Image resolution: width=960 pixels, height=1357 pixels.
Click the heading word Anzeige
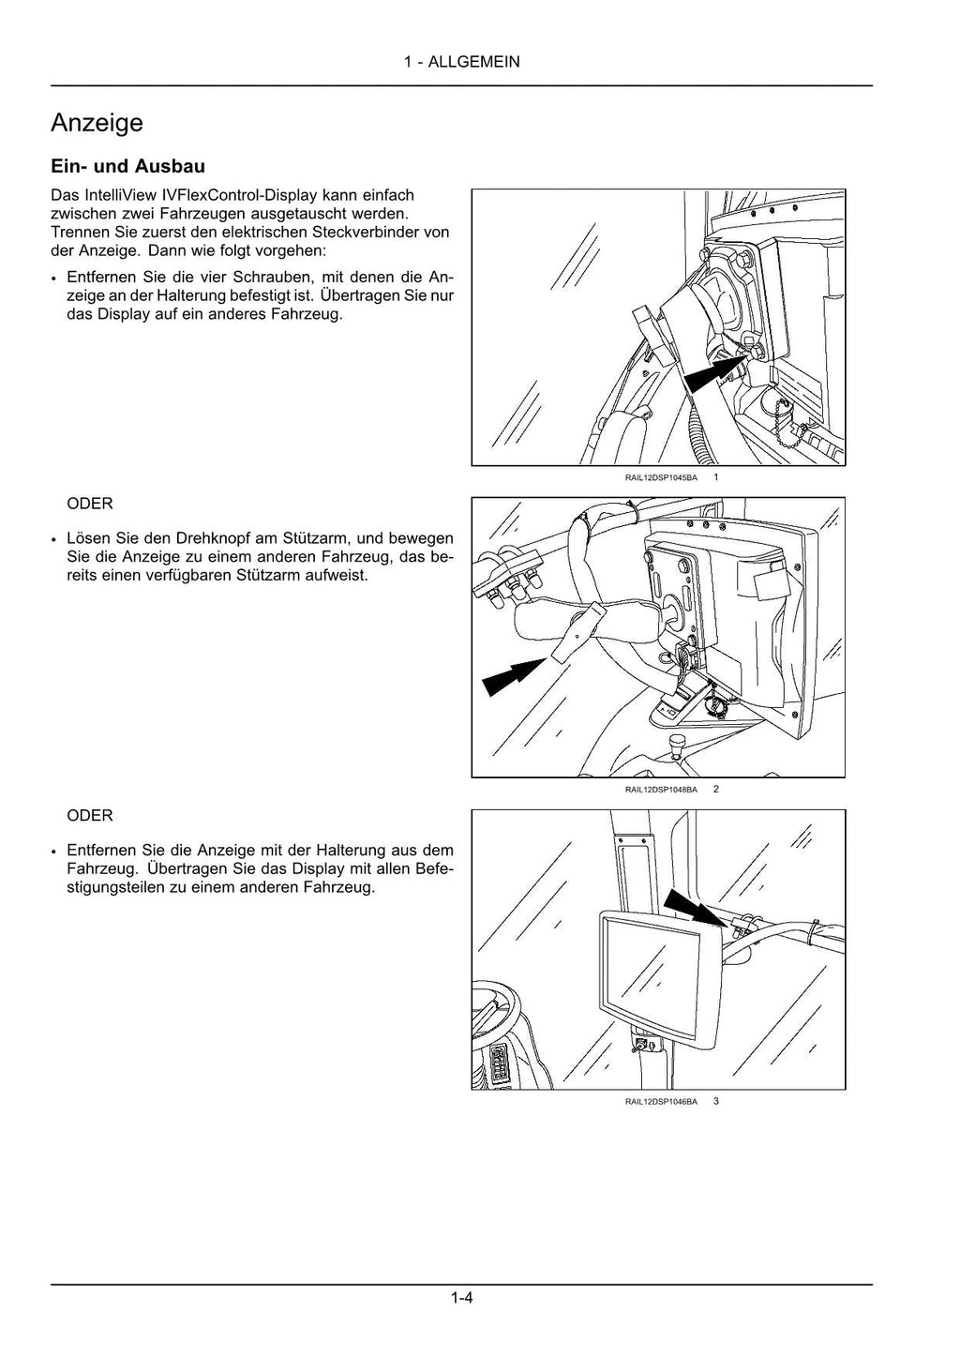pyautogui.click(x=97, y=123)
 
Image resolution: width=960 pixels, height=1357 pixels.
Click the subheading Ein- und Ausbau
pyautogui.click(x=127, y=166)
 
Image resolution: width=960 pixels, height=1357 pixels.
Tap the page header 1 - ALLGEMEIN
pyautogui.click(x=462, y=62)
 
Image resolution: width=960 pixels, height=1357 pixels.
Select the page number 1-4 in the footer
pyautogui.click(x=461, y=1298)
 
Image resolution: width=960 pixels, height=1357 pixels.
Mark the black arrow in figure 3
pyautogui.click(x=694, y=910)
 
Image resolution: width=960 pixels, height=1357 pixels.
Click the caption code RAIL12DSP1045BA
pyautogui.click(x=661, y=477)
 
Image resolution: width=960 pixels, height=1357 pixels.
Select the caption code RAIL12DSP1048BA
pyautogui.click(x=661, y=790)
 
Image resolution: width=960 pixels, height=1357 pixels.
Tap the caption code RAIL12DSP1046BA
pyautogui.click(x=661, y=1101)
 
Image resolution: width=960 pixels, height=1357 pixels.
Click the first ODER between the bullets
pyautogui.click(x=90, y=504)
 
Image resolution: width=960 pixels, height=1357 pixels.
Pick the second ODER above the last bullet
pyautogui.click(x=90, y=816)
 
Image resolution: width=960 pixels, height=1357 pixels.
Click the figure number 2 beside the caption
pyautogui.click(x=716, y=789)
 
